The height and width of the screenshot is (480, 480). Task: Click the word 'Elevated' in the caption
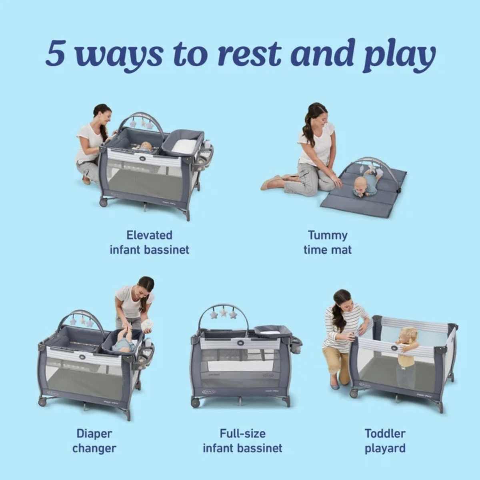(149, 235)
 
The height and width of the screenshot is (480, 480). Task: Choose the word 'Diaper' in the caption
(94, 434)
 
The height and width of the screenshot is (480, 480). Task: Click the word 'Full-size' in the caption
(242, 434)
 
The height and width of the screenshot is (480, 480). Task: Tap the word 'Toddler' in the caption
(385, 434)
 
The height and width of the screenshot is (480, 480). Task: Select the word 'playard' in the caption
(385, 448)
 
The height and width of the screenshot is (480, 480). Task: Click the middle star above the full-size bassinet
(223, 313)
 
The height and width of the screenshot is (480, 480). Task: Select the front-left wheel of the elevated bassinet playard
(103, 202)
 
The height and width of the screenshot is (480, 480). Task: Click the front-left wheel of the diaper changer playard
(42, 402)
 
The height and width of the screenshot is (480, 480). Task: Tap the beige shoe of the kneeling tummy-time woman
(273, 183)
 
